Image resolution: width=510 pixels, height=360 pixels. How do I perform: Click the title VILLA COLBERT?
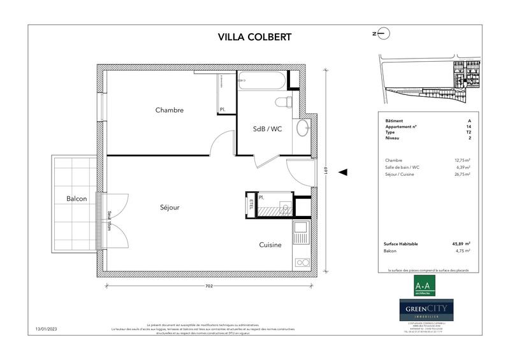tap(254, 36)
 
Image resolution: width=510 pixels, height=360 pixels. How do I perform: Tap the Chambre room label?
tap(170, 110)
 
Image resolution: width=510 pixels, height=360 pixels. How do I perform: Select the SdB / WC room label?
tap(267, 129)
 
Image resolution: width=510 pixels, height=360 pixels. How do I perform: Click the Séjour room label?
tap(170, 208)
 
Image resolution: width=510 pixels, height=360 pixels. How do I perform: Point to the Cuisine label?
tap(270, 245)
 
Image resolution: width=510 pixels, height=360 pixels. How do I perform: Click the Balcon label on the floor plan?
tap(76, 199)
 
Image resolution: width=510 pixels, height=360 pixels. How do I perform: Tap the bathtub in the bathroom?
tap(261, 81)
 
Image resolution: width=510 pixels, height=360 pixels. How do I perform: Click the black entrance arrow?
tap(343, 172)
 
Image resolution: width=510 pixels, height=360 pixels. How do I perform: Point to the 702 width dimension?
tap(208, 286)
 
